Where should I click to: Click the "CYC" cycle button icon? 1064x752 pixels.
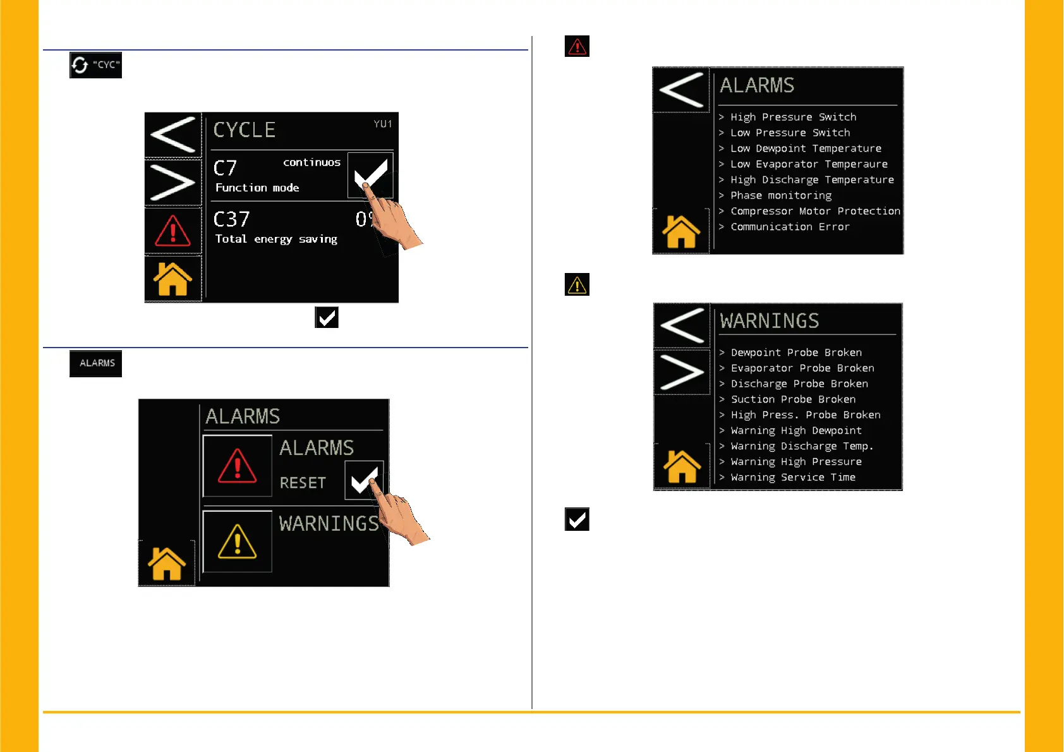tap(95, 65)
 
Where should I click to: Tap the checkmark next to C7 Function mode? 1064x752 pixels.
tap(370, 175)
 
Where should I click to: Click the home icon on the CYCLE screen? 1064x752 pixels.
tap(172, 279)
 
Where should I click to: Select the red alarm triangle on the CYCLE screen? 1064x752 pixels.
tap(172, 231)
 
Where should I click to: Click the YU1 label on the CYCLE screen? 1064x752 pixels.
tap(382, 124)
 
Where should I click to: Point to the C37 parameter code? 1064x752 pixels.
tap(231, 219)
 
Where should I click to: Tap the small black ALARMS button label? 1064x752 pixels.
tap(96, 363)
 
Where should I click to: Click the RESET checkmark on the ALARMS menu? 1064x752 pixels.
tap(364, 480)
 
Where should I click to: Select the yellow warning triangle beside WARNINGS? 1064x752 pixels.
tap(237, 542)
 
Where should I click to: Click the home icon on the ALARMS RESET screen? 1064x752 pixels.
tap(166, 563)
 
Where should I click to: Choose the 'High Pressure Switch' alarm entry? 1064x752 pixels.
tap(793, 117)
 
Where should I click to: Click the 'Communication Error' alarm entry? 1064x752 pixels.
tap(790, 227)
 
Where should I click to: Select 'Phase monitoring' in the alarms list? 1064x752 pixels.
tap(781, 196)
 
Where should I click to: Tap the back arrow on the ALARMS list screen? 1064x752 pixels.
tap(681, 90)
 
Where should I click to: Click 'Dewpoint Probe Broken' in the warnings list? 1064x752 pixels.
tap(796, 353)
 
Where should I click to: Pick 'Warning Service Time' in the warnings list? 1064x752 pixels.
tap(793, 478)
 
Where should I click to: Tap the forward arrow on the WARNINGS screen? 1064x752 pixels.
tap(682, 372)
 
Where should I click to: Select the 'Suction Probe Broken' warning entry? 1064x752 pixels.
tap(793, 399)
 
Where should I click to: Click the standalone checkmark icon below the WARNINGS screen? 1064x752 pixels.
tap(577, 519)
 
